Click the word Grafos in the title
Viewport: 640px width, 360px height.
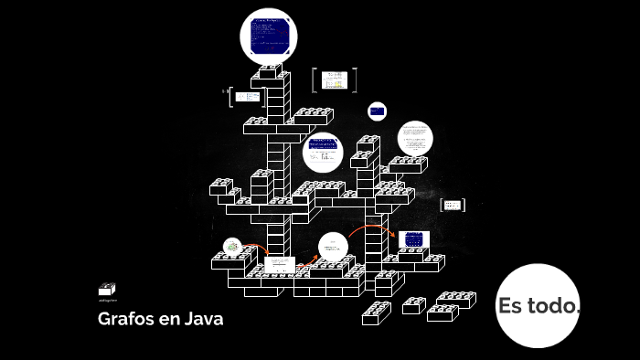(x=125, y=320)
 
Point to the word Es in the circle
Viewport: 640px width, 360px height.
(x=509, y=306)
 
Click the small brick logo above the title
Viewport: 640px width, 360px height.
(x=107, y=289)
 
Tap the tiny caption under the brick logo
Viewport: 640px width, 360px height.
(x=108, y=300)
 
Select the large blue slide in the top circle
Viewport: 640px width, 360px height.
(x=270, y=36)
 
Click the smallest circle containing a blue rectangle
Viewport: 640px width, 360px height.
(x=377, y=111)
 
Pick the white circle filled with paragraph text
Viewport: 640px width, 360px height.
(x=415, y=138)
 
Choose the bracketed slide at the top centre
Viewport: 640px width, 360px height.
(x=334, y=79)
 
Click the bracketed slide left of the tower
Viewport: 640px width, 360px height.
(x=244, y=97)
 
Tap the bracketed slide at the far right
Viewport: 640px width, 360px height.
(x=453, y=205)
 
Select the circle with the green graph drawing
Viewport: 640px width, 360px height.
(x=233, y=247)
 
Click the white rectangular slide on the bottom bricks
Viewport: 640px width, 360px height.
(x=280, y=265)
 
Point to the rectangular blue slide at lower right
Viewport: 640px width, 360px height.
(x=413, y=239)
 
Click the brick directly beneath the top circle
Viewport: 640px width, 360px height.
(x=270, y=71)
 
